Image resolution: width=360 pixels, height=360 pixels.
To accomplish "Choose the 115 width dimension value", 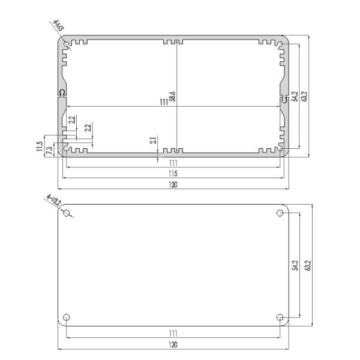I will pos(173,173).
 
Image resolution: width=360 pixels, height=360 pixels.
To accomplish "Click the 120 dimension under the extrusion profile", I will pos(173,185).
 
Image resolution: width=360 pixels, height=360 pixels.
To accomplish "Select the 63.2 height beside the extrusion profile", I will pos(305,96).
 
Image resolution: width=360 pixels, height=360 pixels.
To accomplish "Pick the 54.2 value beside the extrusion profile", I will pos(295,96).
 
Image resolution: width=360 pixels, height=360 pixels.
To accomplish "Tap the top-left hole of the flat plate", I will pos(67,213).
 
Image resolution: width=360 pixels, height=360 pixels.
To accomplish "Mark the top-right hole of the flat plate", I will pos(280,213).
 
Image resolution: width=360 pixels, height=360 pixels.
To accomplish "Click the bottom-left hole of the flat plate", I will pos(67,317).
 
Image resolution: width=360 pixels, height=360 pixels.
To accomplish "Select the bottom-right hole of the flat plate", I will pos(280,317).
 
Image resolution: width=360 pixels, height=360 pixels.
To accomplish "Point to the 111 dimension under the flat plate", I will pos(173,332).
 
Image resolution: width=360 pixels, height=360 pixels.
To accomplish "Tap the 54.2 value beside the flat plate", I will pos(295,265).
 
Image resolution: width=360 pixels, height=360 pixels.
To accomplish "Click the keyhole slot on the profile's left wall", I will pos(62,93).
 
